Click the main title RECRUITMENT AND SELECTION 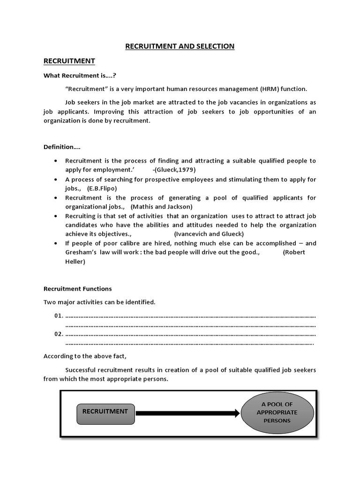coord(180,46)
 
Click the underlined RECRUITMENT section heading coord(69,61)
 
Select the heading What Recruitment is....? coord(80,75)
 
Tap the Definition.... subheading coord(62,147)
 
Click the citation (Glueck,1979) coord(174,170)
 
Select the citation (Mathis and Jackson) coord(162,206)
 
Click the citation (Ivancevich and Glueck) coord(209,234)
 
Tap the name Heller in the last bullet coord(75,262)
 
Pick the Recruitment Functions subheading coord(78,289)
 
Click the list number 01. coord(59,315)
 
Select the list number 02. coord(59,334)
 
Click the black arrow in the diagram coord(187,413)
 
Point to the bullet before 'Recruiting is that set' coord(56,216)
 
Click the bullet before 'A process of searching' coord(56,179)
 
